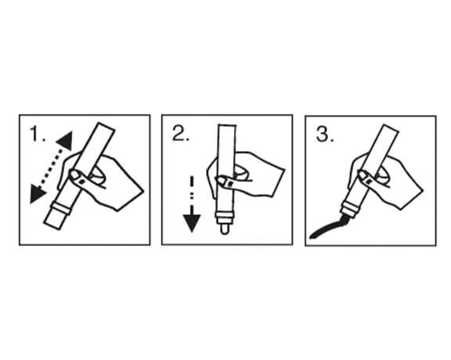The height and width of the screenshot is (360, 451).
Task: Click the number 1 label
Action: click(x=38, y=134)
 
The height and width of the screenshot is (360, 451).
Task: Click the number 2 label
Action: click(x=181, y=133)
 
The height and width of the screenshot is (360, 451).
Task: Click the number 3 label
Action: click(x=325, y=134)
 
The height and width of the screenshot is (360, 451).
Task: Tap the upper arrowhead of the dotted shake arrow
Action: click(x=65, y=141)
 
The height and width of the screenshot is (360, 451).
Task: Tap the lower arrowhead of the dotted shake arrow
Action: click(x=37, y=194)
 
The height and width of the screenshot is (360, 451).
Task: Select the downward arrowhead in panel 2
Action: click(x=192, y=223)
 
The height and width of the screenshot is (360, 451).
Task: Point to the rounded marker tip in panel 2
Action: click(x=225, y=229)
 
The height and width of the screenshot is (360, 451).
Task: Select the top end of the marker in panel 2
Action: click(x=227, y=125)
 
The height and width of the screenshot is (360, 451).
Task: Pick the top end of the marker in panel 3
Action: click(x=391, y=128)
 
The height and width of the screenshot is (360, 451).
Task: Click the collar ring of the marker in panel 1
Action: click(x=60, y=208)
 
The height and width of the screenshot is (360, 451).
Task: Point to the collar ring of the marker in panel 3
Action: click(x=349, y=209)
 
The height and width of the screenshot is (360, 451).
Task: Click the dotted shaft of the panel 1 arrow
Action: click(x=51, y=167)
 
